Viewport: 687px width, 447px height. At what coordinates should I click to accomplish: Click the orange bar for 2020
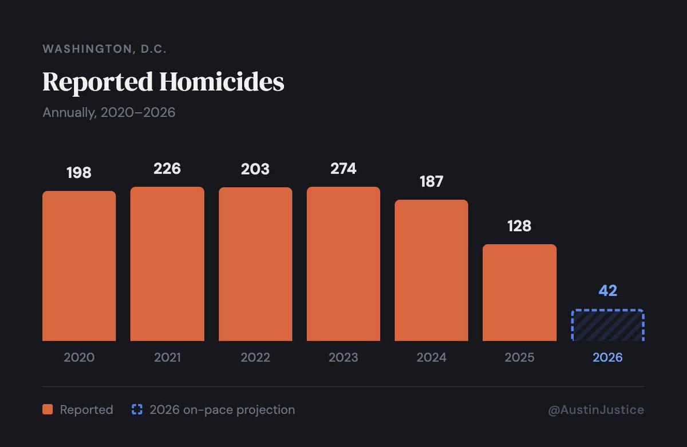pos(79,266)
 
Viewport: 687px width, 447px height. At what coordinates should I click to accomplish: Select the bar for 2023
pos(343,264)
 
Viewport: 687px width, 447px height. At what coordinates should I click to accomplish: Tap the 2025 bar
pos(519,292)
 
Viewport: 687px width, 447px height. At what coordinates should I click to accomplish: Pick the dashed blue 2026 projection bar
pos(607,326)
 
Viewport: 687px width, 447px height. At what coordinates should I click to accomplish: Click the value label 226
pos(167,169)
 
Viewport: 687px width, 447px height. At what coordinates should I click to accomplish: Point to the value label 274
pos(343,169)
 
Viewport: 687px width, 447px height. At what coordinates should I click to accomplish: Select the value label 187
pos(431,181)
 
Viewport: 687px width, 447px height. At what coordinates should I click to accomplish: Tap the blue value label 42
pos(607,291)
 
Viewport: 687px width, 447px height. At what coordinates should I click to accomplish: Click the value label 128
pos(519,226)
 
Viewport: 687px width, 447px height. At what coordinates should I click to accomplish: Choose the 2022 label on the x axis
pos(255,358)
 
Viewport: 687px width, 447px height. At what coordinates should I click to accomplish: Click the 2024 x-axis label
pos(431,358)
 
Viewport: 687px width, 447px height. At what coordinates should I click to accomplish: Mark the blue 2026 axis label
pos(607,358)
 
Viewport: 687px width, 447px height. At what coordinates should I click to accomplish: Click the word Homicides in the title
pos(222,82)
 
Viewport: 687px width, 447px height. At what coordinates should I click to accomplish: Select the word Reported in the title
pos(98,82)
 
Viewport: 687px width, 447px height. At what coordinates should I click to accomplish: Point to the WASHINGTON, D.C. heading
pos(105,49)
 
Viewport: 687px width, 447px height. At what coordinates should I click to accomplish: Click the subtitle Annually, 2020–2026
pos(109,112)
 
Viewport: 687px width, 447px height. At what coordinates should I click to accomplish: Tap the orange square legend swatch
pos(48,410)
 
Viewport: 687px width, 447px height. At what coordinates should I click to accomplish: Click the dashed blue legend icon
pos(137,410)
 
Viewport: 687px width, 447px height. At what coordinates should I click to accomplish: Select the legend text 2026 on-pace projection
pos(222,410)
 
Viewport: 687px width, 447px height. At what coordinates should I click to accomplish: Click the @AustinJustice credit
pos(596,410)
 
